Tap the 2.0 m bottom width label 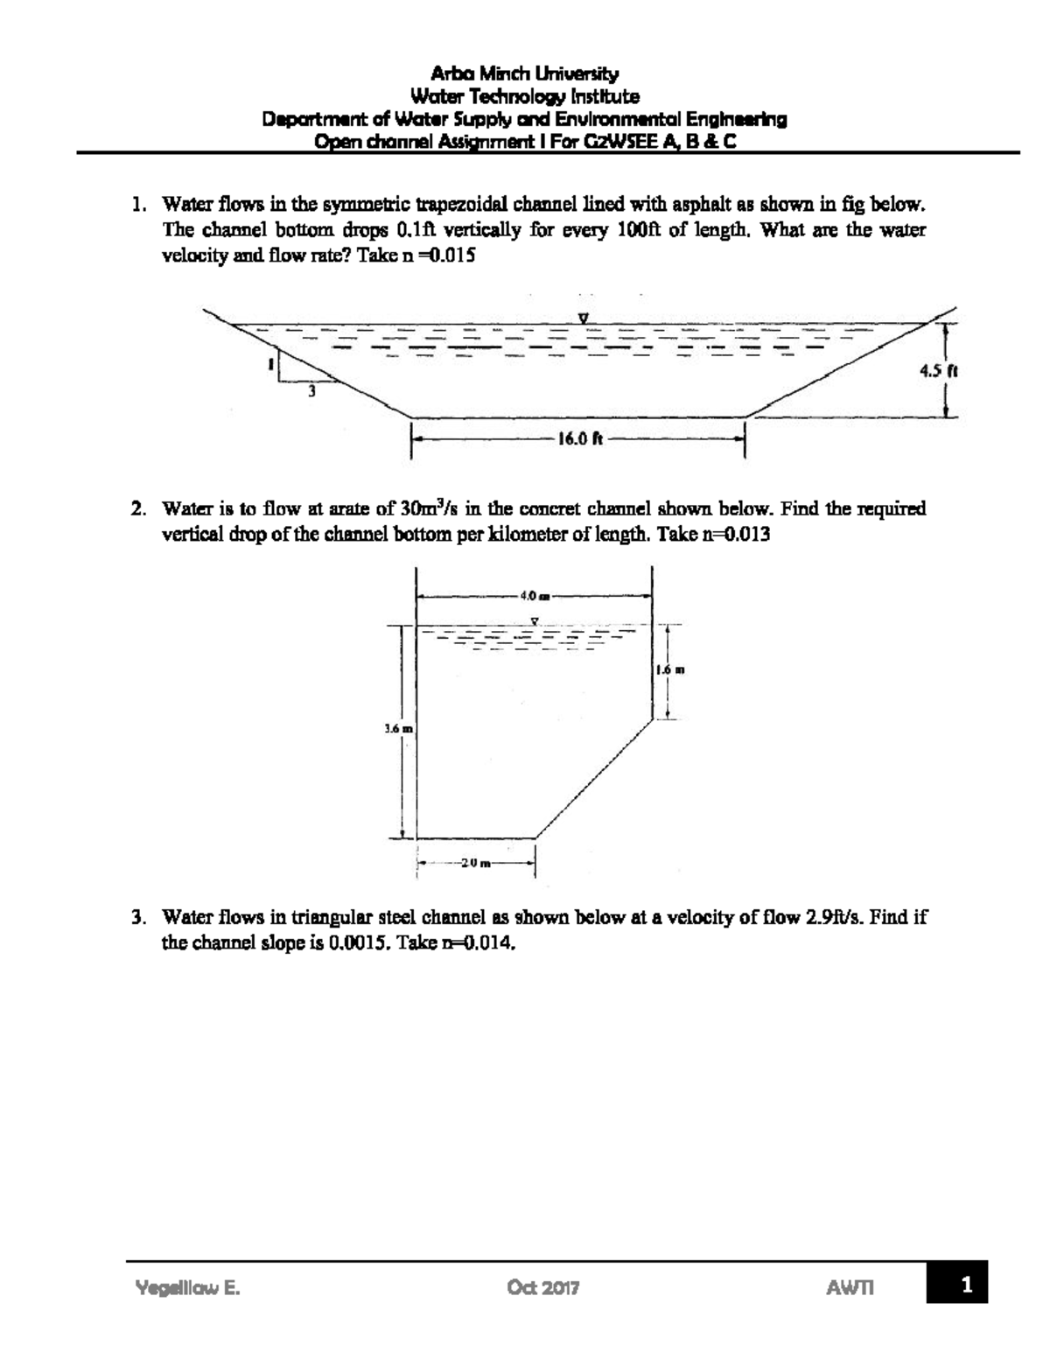pyautogui.click(x=474, y=864)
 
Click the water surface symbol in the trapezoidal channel pyautogui.click(x=582, y=318)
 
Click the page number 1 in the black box pyautogui.click(x=965, y=1285)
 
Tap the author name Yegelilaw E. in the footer pyautogui.click(x=187, y=1287)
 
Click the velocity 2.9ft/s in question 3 pyautogui.click(x=834, y=917)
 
